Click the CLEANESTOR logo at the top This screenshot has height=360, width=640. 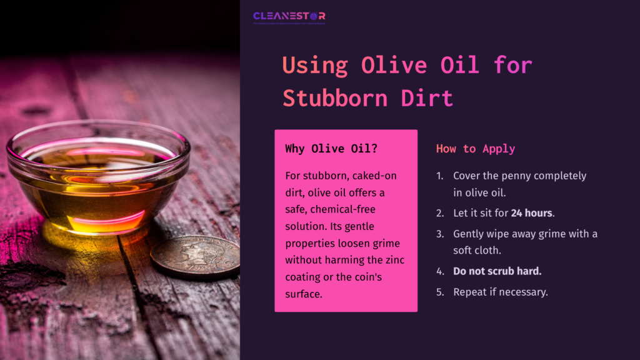click(289, 17)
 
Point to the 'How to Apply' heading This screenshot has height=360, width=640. click(476, 149)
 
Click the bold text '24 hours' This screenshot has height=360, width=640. click(531, 213)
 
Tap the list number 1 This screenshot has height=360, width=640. click(440, 176)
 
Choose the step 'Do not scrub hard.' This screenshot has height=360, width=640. click(497, 272)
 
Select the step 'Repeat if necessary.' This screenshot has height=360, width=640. click(500, 292)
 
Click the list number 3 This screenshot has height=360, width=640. click(440, 234)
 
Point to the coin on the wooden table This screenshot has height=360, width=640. click(195, 256)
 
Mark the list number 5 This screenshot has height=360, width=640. click(440, 292)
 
